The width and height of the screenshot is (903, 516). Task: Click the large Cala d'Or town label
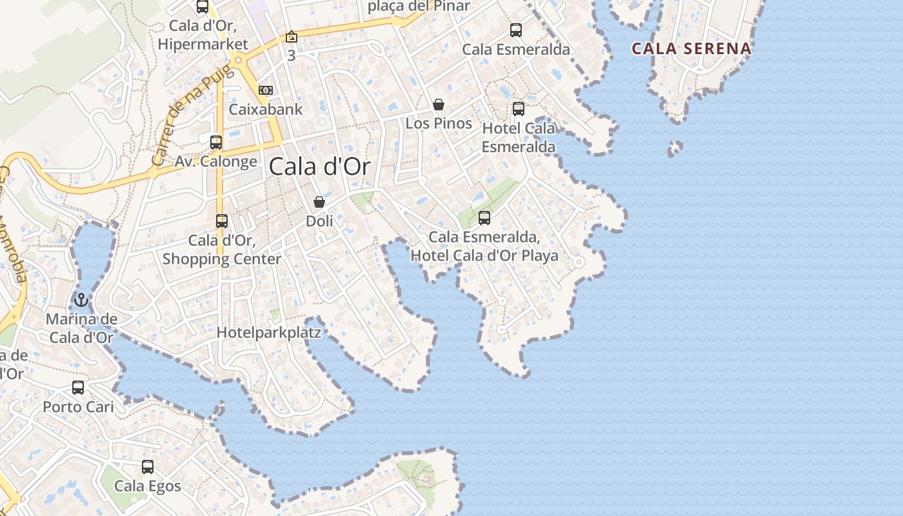tap(319, 166)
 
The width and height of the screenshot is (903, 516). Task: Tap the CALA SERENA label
tap(691, 48)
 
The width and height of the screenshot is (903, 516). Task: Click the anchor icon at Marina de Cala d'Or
tap(81, 300)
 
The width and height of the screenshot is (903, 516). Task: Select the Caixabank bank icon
tap(265, 90)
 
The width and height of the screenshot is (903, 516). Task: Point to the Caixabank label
tap(265, 109)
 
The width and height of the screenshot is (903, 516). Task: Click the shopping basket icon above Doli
tap(319, 202)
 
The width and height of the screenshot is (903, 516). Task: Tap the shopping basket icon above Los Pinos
tap(439, 104)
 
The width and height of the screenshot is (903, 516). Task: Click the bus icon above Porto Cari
tap(78, 388)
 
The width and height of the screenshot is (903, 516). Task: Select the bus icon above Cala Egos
tap(148, 466)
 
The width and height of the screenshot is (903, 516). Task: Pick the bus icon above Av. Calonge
tap(216, 143)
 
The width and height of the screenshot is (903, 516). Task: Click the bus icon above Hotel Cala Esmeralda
tap(518, 109)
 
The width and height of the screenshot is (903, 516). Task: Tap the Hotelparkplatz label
tap(268, 333)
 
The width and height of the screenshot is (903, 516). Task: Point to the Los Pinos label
tap(439, 123)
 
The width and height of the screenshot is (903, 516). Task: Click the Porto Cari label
tap(78, 407)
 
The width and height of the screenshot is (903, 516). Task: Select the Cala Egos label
tap(148, 486)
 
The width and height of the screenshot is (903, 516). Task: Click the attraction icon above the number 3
tap(292, 37)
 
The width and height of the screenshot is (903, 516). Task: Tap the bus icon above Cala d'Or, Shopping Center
tap(222, 221)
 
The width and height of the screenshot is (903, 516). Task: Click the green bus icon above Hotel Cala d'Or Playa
tap(484, 218)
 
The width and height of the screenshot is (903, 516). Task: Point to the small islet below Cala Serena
tap(675, 149)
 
